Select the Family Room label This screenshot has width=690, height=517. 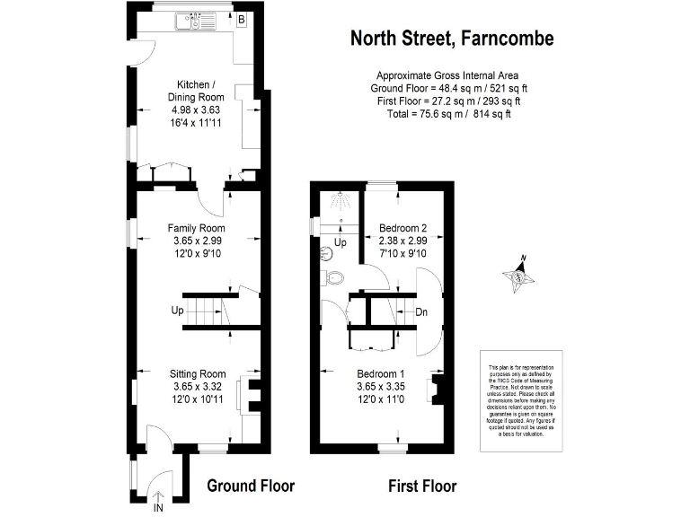click(195, 228)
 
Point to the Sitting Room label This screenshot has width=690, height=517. click(198, 373)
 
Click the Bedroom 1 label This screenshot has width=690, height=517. click(382, 373)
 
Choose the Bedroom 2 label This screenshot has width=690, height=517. click(402, 227)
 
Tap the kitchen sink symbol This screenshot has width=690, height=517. click(193, 17)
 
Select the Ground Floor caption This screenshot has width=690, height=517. click(251, 486)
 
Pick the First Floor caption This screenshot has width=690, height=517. click(421, 486)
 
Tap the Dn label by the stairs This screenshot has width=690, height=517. click(421, 312)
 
